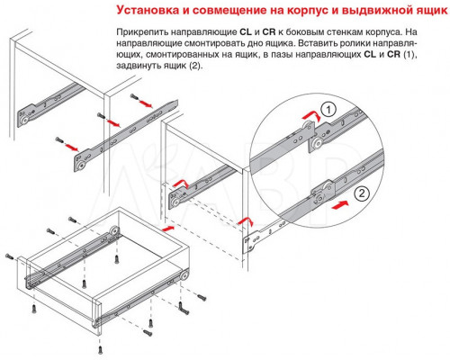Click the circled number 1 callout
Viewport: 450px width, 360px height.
click(328, 110)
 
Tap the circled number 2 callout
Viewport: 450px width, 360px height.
click(362, 193)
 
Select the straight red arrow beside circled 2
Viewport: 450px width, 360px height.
click(339, 205)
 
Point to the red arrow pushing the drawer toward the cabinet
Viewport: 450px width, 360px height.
click(168, 229)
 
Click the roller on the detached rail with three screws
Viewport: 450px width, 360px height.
click(80, 166)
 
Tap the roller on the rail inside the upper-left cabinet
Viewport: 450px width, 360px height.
click(24, 121)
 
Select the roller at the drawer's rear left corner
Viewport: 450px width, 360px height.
click(114, 230)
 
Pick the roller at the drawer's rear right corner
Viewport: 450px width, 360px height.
click(184, 274)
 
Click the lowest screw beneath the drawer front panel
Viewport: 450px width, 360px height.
click(101, 350)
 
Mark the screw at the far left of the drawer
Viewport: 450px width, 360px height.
click(9, 256)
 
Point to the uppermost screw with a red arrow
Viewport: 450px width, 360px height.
click(134, 97)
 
